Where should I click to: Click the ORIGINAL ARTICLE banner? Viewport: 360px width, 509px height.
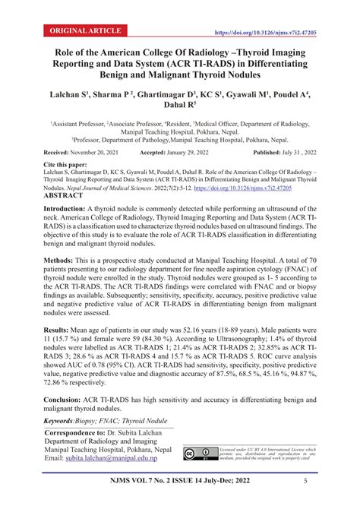click(86, 31)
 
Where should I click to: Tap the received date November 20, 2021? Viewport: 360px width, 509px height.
click(99, 152)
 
